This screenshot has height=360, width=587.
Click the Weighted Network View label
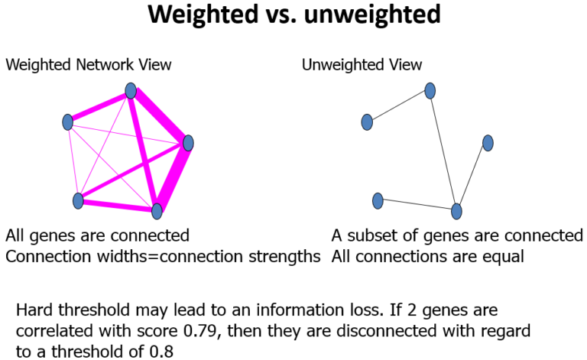(89, 65)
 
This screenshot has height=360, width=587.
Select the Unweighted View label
(362, 65)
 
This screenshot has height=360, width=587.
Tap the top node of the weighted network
(131, 91)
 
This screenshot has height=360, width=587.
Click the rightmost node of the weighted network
(188, 143)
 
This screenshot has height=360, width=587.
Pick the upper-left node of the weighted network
(67, 122)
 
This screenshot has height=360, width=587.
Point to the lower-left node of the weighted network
(77, 200)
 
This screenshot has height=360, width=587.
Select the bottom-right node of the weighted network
(157, 210)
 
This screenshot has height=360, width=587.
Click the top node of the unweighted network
(430, 91)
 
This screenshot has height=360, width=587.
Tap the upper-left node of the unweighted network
(367, 122)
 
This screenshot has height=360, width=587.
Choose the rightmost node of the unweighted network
(488, 143)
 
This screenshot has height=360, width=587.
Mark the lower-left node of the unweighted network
(377, 200)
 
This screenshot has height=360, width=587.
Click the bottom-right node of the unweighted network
(457, 210)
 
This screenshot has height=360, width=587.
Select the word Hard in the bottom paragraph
(34, 312)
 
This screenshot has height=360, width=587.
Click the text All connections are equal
(428, 256)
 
